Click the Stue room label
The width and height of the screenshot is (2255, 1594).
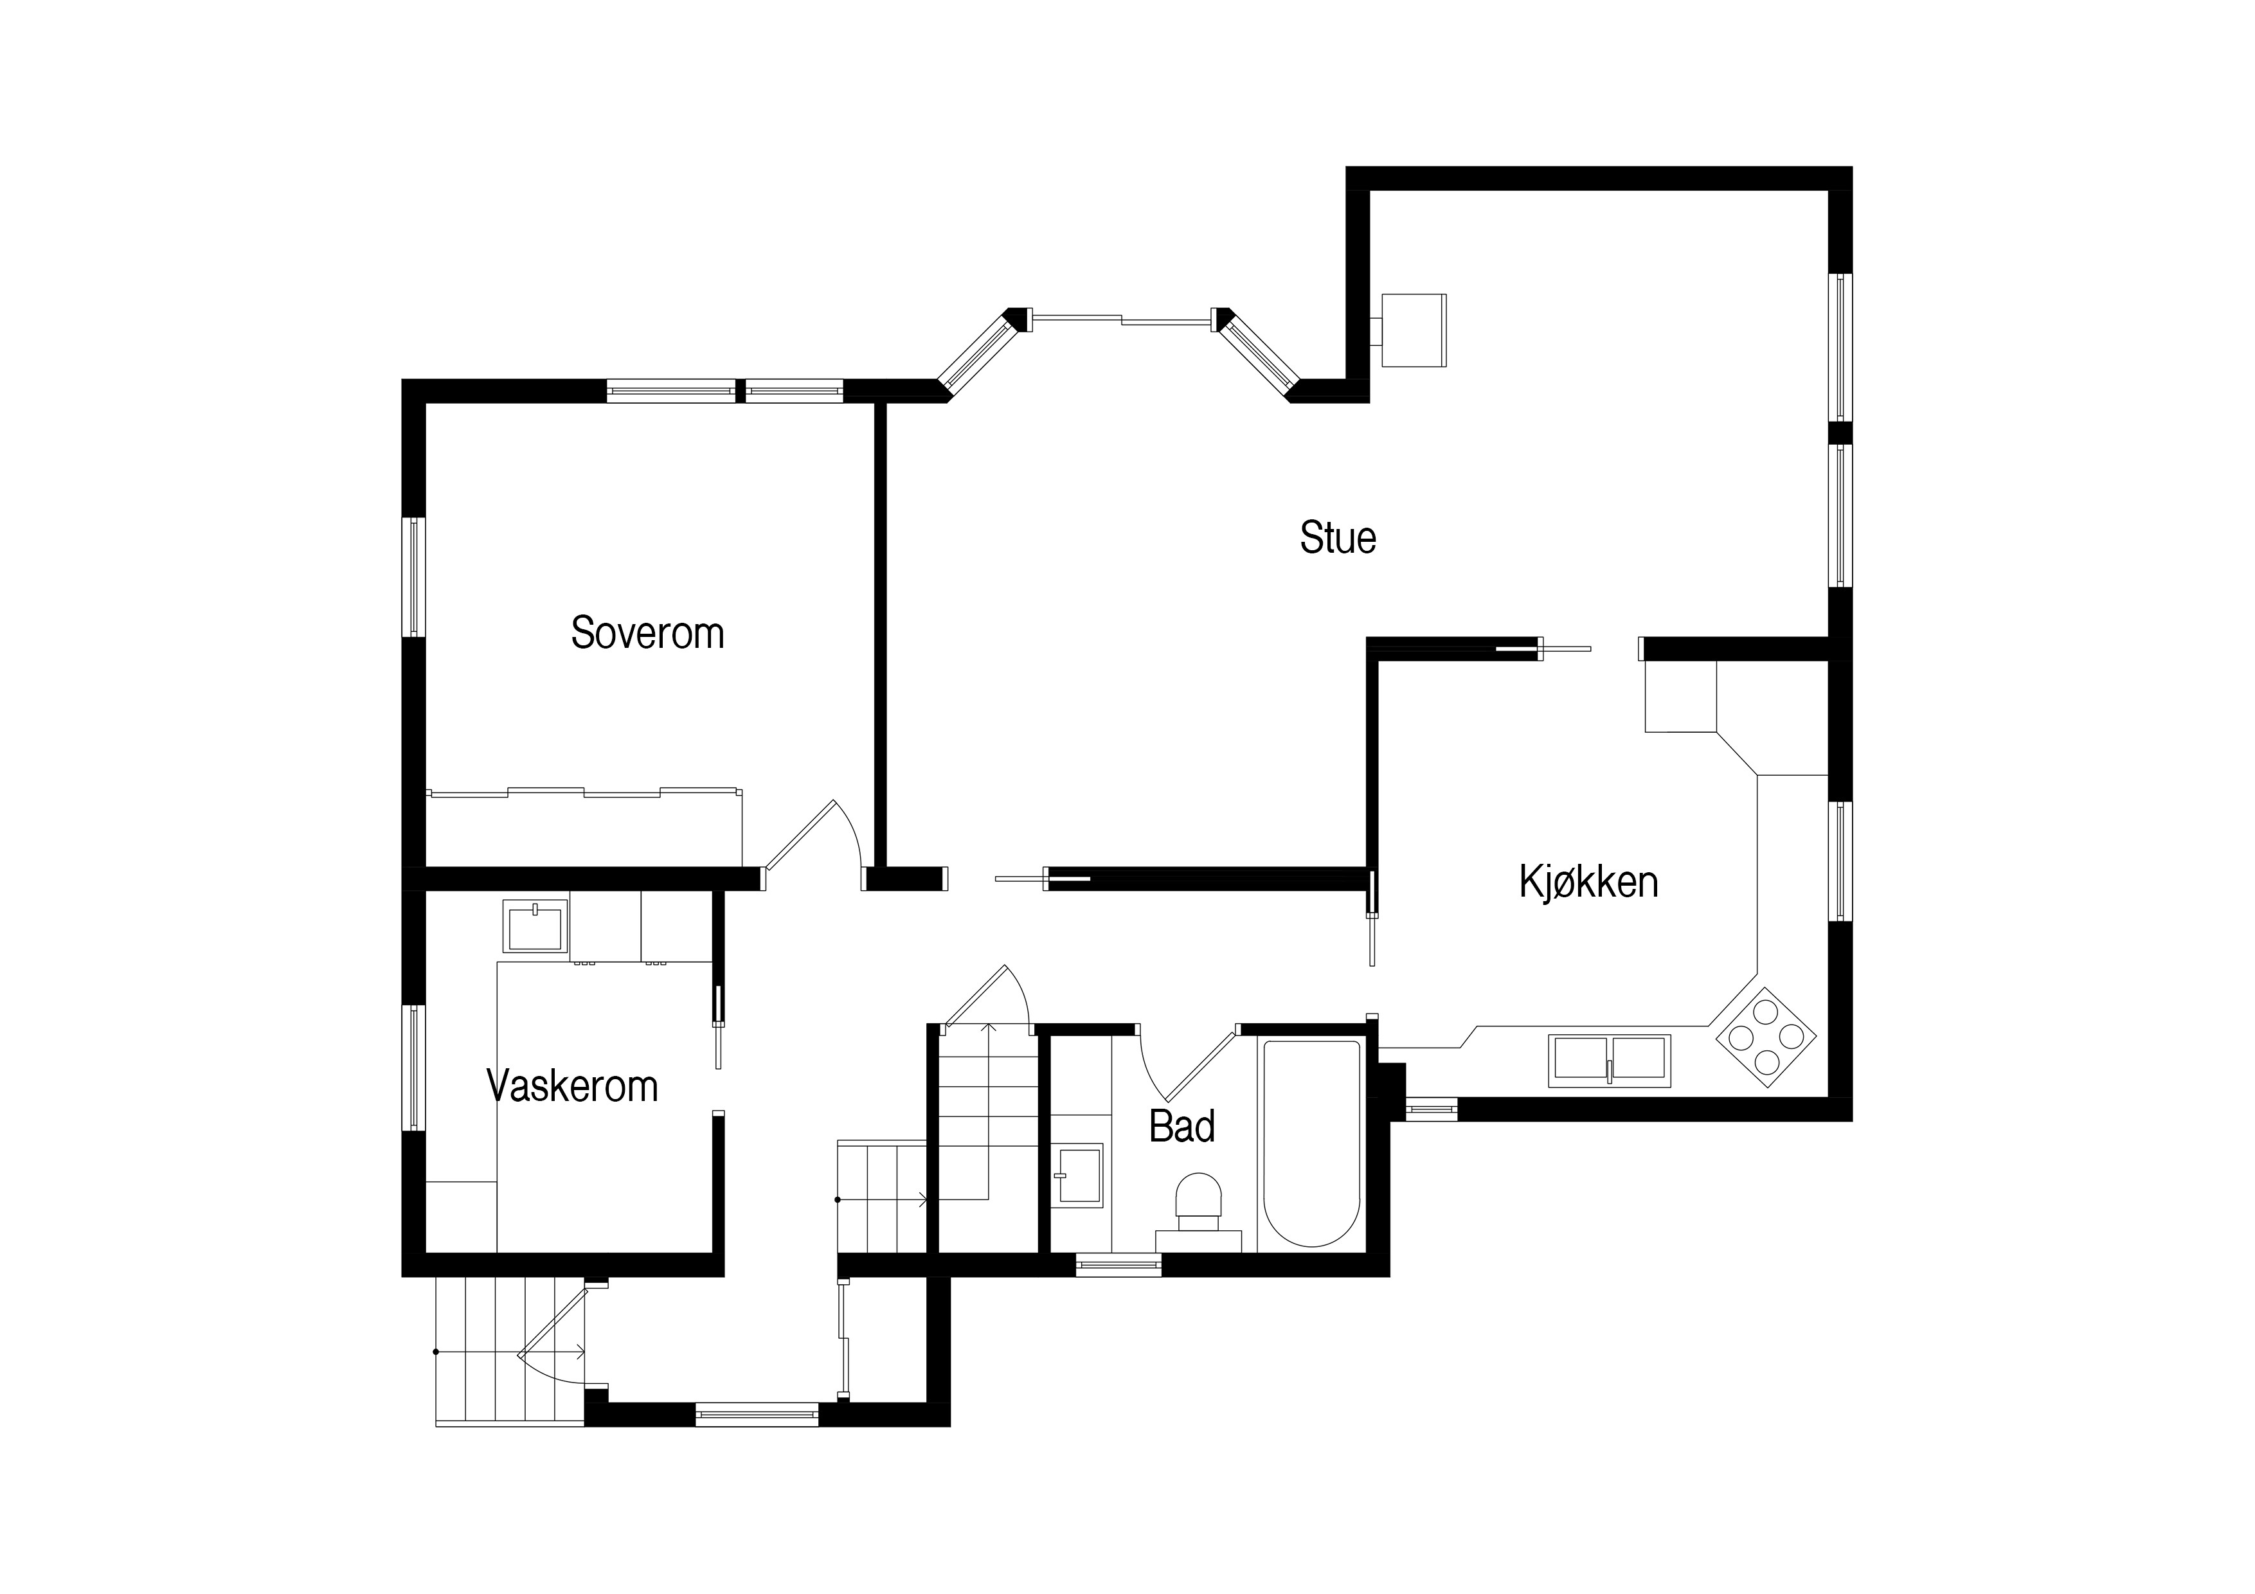[x=1338, y=538]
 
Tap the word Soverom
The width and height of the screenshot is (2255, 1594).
[x=647, y=634]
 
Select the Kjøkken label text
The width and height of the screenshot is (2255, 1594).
[x=1588, y=882]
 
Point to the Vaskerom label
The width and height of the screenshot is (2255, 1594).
[x=573, y=1086]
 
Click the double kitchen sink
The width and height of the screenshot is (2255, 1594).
[x=1609, y=1061]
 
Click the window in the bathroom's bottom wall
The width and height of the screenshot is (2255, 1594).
[x=1119, y=1265]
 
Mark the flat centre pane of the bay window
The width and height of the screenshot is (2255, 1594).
[x=1120, y=318]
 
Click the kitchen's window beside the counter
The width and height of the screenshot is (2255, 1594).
[x=1840, y=861]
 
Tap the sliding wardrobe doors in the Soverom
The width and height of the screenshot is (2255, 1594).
[x=584, y=792]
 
